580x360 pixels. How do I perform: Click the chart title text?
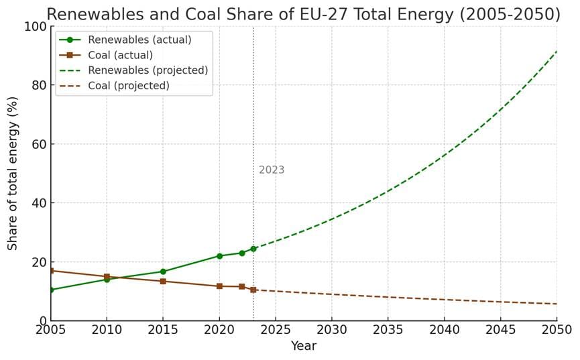pyautogui.click(x=303, y=14)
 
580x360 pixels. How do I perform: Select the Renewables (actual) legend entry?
pyautogui.click(x=139, y=40)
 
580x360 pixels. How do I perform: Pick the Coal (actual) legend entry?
pyautogui.click(x=120, y=55)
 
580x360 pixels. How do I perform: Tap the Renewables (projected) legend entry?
pyautogui.click(x=148, y=70)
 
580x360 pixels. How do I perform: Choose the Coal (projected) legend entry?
pyautogui.click(x=128, y=86)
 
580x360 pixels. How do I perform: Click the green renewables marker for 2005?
pyautogui.click(x=51, y=290)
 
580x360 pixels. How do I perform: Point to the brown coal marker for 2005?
pyautogui.click(x=51, y=270)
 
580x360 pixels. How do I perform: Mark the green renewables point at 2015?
pyautogui.click(x=163, y=272)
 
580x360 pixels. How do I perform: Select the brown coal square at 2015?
pyautogui.click(x=163, y=281)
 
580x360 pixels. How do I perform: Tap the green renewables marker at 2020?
pyautogui.click(x=219, y=256)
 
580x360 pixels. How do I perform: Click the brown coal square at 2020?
pyautogui.click(x=219, y=286)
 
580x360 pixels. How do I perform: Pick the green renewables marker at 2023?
pyautogui.click(x=253, y=249)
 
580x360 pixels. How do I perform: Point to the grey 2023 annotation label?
pyautogui.click(x=272, y=170)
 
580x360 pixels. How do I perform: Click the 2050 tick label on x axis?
pyautogui.click(x=557, y=330)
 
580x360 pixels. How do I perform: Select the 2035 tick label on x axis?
pyautogui.click(x=388, y=330)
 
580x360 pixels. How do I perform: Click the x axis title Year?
pyautogui.click(x=303, y=347)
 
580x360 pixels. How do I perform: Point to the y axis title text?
pyautogui.click(x=13, y=173)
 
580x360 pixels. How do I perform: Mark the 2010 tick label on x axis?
pyautogui.click(x=107, y=330)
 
